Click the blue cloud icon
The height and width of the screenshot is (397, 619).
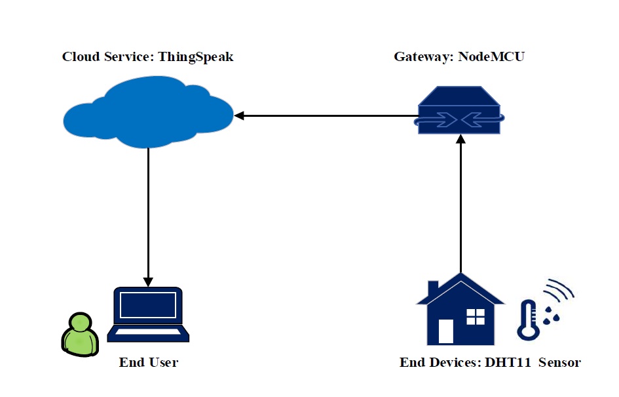coord(147,115)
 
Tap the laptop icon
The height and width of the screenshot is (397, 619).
coord(147,314)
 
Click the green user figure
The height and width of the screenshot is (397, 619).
coord(79,335)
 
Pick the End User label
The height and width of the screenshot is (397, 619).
coord(148,362)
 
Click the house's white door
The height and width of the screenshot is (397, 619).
coord(446,331)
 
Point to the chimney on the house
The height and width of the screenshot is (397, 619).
coord(433,289)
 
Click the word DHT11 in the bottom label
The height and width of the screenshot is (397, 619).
coord(508,362)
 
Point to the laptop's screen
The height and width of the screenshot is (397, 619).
coord(148,305)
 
